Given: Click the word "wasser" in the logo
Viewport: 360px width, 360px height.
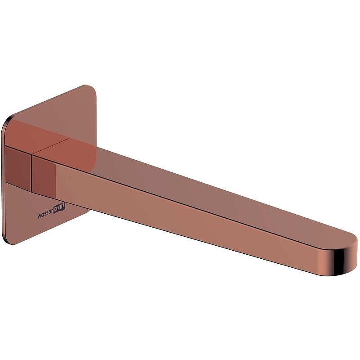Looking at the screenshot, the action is pos(45,215).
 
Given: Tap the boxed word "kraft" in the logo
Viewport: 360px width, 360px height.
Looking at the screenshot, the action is pos(59,208).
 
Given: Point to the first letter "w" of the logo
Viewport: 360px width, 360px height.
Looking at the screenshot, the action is pos(39,216).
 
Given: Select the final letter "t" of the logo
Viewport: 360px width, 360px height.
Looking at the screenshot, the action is pos(64,206).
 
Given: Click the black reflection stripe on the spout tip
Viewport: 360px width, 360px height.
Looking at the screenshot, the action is pos(339,263).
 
